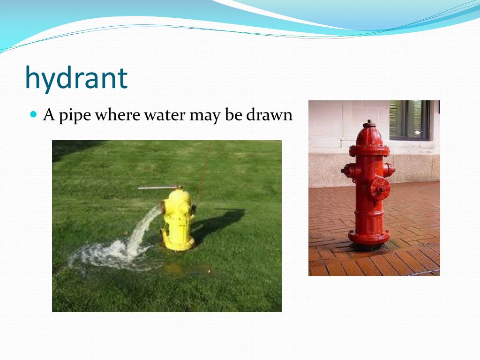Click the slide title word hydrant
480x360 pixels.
click(x=76, y=78)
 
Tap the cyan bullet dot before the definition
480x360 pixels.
click(x=33, y=114)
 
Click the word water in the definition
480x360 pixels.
click(x=164, y=114)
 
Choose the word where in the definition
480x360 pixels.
click(x=117, y=114)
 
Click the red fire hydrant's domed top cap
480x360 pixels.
click(x=369, y=134)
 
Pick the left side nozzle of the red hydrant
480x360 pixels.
click(x=347, y=171)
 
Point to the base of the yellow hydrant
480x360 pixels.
click(x=178, y=244)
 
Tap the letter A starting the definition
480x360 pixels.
click(x=48, y=114)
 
